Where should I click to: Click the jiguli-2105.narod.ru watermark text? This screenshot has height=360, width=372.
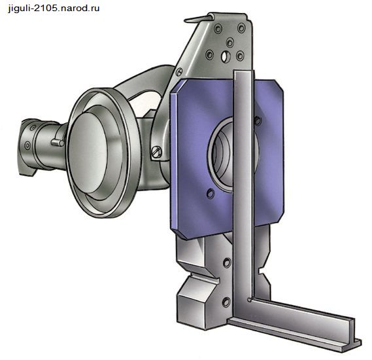[x=54, y=9]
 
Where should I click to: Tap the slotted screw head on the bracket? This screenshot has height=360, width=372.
[x=156, y=152]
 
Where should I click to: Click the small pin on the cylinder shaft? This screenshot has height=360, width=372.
[x=58, y=142]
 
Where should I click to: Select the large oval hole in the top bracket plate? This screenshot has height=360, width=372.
[x=226, y=56]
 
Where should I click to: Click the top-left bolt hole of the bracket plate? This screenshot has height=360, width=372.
[x=218, y=29]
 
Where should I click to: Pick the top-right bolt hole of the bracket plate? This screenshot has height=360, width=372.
[x=241, y=27]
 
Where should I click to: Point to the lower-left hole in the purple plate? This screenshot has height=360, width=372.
[x=211, y=193]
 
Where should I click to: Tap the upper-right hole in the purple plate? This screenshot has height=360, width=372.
[x=258, y=120]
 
